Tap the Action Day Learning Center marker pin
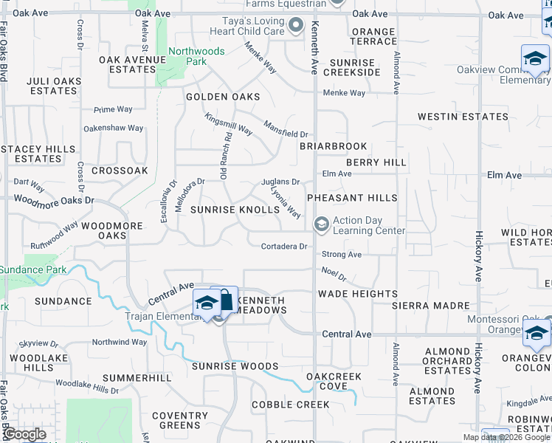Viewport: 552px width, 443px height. click(321, 224)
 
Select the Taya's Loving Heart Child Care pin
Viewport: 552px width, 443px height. click(296, 27)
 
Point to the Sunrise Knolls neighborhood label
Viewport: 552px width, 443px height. click(235, 210)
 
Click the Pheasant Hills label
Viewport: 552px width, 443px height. click(352, 198)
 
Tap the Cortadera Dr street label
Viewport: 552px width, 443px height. click(284, 247)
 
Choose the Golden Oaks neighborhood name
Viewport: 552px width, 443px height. click(223, 97)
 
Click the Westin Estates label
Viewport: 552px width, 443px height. click(463, 117)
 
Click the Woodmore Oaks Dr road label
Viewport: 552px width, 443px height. click(55, 200)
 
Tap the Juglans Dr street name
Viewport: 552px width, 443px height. click(280, 182)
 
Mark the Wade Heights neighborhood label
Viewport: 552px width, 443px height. click(357, 294)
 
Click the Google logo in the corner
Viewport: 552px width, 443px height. click(24, 434)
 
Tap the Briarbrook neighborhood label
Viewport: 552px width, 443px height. click(333, 146)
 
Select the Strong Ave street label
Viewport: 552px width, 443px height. click(342, 254)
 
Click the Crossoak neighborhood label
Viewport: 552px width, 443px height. click(120, 170)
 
